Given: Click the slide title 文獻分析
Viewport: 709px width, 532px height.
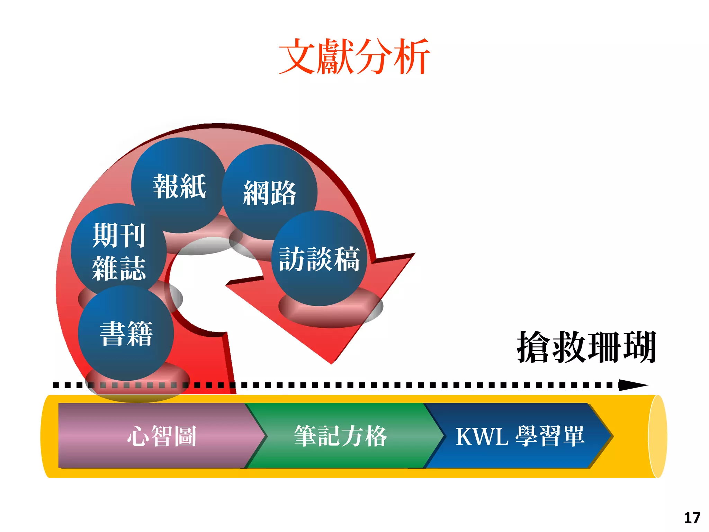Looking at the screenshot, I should tap(354, 56).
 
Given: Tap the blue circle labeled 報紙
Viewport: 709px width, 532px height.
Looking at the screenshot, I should tap(179, 186).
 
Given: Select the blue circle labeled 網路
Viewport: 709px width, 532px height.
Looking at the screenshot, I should tap(269, 193).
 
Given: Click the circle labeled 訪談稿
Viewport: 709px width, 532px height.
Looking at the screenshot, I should tap(319, 258).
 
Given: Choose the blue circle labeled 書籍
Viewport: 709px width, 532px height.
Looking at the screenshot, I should tap(126, 333).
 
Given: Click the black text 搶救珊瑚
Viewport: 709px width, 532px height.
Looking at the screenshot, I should tap(586, 347).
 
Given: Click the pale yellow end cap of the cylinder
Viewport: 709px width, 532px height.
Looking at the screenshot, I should tap(657, 436).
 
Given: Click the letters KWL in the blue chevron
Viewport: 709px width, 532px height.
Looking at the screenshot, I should tap(482, 436).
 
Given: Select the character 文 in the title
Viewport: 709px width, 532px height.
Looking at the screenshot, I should tap(297, 56).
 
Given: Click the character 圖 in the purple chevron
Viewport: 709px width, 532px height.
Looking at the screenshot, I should tap(186, 436).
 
